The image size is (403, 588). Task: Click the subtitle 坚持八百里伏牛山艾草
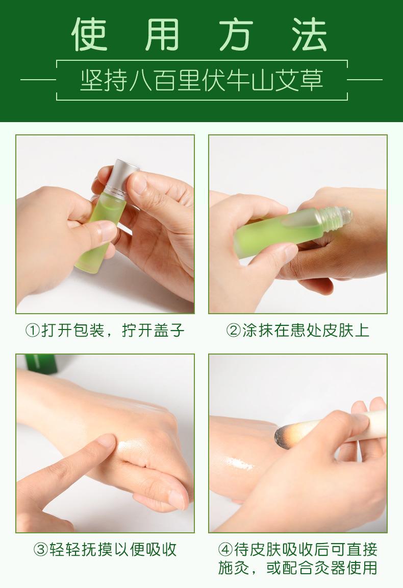(x=202, y=80)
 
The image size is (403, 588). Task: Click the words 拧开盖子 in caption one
(x=153, y=331)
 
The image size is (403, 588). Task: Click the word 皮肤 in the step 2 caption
(x=337, y=331)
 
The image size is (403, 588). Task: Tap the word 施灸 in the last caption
(x=235, y=568)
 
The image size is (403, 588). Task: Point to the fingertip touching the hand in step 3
(x=108, y=440)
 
